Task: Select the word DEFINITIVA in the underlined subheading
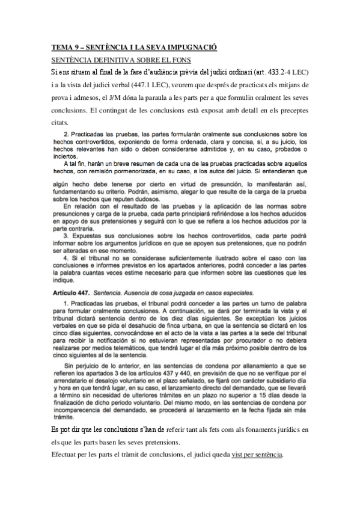(108, 60)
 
